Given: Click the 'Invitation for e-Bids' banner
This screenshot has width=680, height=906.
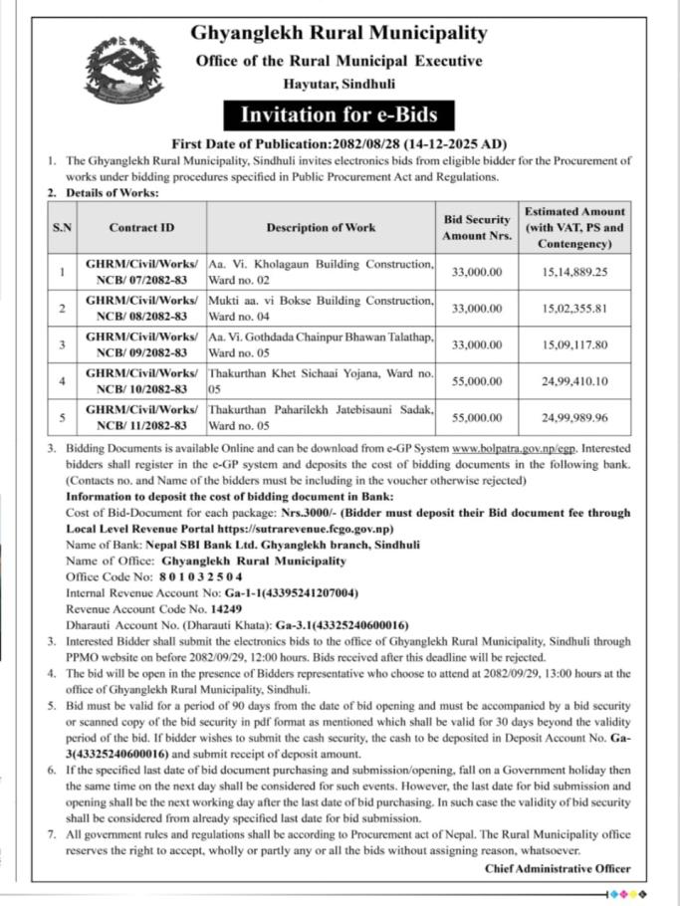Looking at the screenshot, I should (340, 114).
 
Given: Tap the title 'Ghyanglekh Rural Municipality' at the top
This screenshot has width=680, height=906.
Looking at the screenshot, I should (340, 34).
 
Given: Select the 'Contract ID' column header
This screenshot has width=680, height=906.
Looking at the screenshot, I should (141, 227).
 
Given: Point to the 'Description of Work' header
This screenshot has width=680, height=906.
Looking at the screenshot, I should (321, 227).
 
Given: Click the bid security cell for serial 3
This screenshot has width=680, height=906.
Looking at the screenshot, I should (476, 344).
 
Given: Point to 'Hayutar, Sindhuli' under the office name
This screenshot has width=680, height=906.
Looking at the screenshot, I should (339, 86).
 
